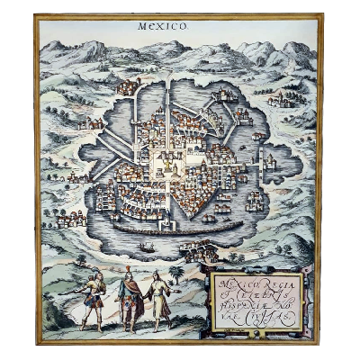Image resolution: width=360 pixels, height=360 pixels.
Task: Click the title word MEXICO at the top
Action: tap(163, 27)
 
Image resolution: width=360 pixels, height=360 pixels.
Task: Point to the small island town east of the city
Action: tap(267, 162)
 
